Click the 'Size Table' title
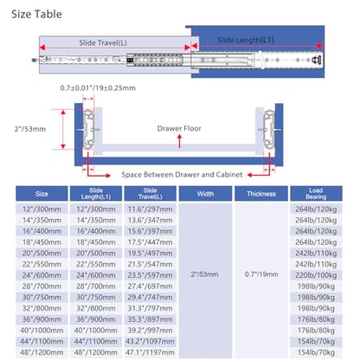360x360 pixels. [x=36, y=14]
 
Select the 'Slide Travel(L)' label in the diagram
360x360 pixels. [x=103, y=43]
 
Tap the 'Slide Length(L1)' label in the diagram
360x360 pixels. [x=246, y=40]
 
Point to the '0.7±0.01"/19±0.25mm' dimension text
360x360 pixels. [x=98, y=88]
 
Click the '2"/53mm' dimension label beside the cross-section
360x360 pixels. [x=30, y=129]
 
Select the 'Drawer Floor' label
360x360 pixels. [x=179, y=128]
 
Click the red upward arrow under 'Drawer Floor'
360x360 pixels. [x=179, y=141]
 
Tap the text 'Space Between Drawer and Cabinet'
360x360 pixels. [x=182, y=175]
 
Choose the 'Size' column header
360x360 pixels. [x=42, y=194]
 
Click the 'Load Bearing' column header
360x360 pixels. [x=316, y=194]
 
